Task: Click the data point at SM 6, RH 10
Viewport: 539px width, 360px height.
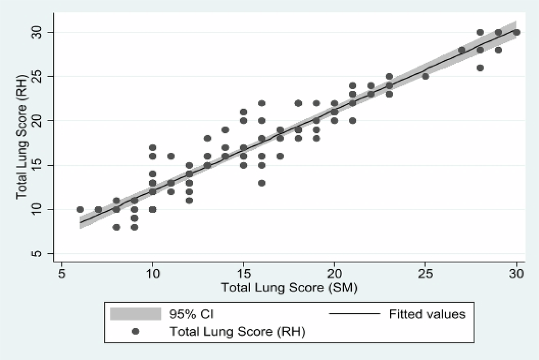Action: coord(80,210)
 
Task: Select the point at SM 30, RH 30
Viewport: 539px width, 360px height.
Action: coord(516,32)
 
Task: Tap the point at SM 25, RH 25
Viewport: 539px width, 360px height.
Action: coord(426,77)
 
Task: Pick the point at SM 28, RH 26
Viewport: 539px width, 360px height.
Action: coord(480,68)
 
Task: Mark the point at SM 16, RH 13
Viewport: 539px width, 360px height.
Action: coord(262,183)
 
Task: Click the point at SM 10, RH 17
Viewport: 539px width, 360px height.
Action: coord(153,148)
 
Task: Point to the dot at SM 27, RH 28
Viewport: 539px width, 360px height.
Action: coord(462,50)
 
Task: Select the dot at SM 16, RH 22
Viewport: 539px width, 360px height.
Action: coord(262,103)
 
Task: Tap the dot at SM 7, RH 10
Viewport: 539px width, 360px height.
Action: coord(98,210)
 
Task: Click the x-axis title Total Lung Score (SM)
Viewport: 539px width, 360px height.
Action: coord(289,287)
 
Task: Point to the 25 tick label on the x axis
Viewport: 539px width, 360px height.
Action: coord(426,273)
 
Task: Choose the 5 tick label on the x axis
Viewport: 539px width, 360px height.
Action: coord(62,273)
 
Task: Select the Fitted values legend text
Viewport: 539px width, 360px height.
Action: coord(427,314)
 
